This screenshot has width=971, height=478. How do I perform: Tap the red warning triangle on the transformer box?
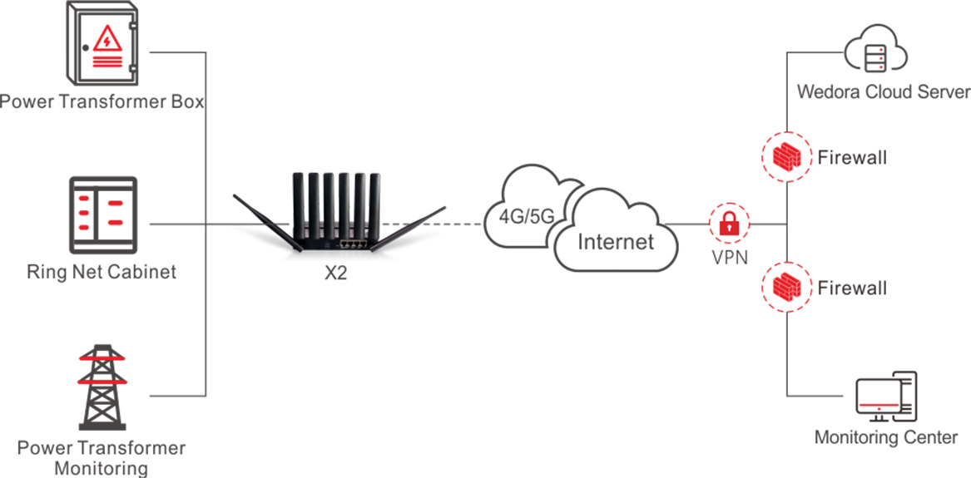pos(107,38)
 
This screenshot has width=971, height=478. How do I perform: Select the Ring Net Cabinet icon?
pos(102,215)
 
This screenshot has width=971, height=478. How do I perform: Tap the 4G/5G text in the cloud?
pos(526,216)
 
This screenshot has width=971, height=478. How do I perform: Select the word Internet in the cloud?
pos(617,242)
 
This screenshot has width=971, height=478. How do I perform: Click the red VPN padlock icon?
pos(729,224)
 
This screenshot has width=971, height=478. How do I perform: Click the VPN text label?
pos(730,257)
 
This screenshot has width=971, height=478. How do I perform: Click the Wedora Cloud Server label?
pos(884,91)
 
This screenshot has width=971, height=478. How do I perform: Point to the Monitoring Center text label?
pos(885,437)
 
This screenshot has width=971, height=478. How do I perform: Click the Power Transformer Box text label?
pos(102,102)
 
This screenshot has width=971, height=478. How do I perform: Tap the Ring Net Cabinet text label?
pos(102,272)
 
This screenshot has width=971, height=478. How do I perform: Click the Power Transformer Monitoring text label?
pos(102,458)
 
